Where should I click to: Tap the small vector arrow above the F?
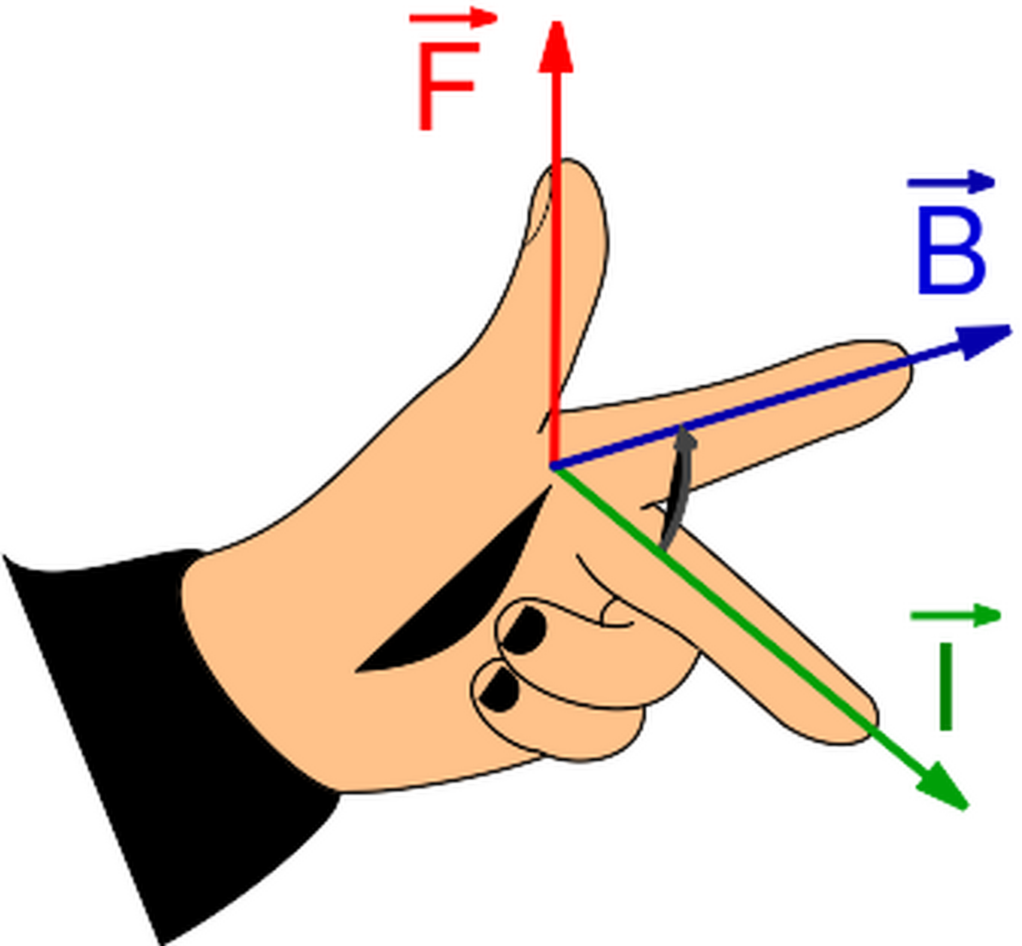click(x=453, y=18)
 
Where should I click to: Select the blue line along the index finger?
click(x=727, y=412)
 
